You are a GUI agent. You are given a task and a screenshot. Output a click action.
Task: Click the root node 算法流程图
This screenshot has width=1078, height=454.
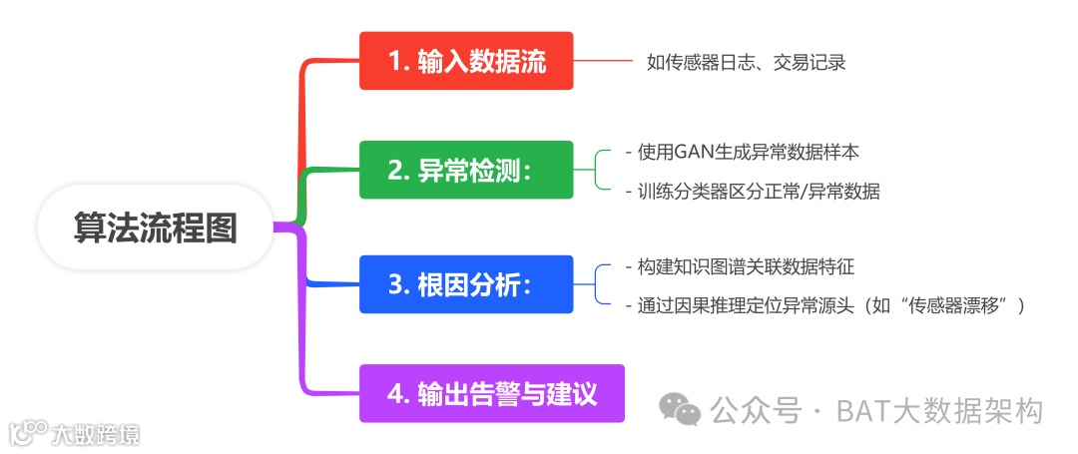click(155, 227)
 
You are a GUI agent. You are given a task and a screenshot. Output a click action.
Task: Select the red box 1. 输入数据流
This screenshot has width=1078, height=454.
click(466, 61)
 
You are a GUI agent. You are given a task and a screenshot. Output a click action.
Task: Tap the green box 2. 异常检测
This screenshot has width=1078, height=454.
click(466, 171)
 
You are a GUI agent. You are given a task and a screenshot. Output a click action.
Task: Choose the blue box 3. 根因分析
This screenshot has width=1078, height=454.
click(466, 284)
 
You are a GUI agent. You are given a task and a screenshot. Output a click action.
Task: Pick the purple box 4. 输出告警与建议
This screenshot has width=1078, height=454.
click(491, 393)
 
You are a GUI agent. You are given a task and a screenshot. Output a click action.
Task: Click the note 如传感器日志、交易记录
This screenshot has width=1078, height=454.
click(746, 62)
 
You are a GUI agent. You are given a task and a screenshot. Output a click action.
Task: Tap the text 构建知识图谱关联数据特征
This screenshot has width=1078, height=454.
click(740, 266)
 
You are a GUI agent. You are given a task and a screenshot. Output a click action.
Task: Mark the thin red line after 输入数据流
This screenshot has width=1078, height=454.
click(603, 61)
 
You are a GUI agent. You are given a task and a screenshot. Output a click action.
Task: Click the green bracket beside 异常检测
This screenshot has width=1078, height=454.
click(598, 171)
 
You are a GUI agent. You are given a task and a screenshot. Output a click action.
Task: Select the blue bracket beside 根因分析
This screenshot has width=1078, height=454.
click(598, 284)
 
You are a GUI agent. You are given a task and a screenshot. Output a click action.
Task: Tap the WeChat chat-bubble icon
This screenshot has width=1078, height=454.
click(683, 410)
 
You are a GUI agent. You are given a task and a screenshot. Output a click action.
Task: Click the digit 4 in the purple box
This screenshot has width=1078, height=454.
click(396, 393)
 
